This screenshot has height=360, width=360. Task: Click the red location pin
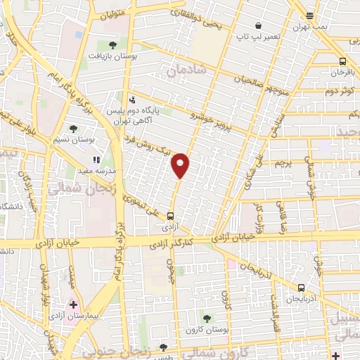pyautogui.click(x=181, y=165)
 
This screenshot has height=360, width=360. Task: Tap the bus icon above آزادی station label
pyautogui.click(x=171, y=216)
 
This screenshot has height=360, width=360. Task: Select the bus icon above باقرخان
pyautogui.click(x=342, y=61)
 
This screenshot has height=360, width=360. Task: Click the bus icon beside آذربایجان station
pyautogui.click(x=302, y=287)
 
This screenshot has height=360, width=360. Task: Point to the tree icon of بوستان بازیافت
pyautogui.click(x=113, y=44)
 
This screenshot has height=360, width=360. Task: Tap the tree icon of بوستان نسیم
pyautogui.click(x=73, y=129)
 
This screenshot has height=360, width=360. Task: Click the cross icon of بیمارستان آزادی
pyautogui.click(x=72, y=305)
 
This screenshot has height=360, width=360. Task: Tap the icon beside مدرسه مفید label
pyautogui.click(x=96, y=160)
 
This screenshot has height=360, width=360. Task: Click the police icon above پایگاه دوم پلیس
pyautogui.click(x=132, y=99)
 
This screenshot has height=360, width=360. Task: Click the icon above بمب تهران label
pyautogui.click(x=310, y=15)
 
